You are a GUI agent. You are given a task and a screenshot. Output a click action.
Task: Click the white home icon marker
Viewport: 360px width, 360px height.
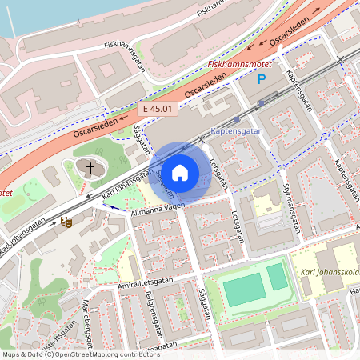click(180, 173)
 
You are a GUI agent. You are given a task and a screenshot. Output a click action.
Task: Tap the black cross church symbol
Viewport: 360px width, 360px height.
click(90, 168)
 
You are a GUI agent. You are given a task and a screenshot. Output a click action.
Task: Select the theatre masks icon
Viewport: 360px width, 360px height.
click(66, 222)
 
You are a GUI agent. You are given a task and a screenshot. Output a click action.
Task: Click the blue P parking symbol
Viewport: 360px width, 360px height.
click(261, 79)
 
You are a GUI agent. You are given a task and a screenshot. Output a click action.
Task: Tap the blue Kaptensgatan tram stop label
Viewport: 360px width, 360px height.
click(236, 130)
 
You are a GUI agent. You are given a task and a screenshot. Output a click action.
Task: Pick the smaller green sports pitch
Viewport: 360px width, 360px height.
click(277, 277)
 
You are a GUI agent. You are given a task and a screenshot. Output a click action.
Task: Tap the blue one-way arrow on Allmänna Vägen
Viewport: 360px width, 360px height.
click(115, 208)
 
